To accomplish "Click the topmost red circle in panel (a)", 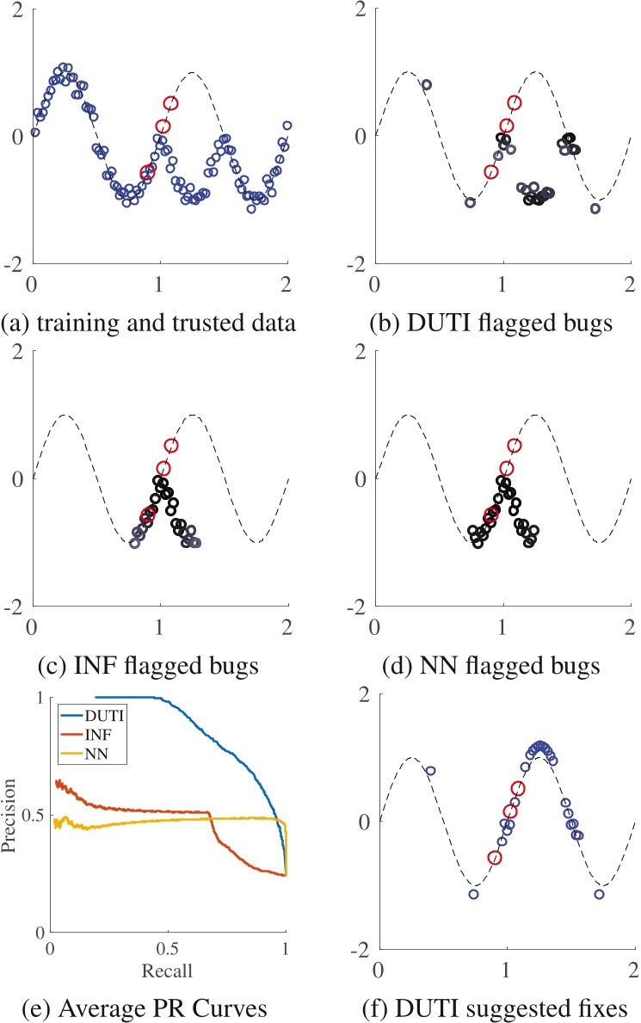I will (171, 103).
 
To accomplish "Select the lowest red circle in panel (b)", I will (491, 171).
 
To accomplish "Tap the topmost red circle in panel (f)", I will (518, 788).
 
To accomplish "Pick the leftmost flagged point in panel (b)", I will (426, 84).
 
